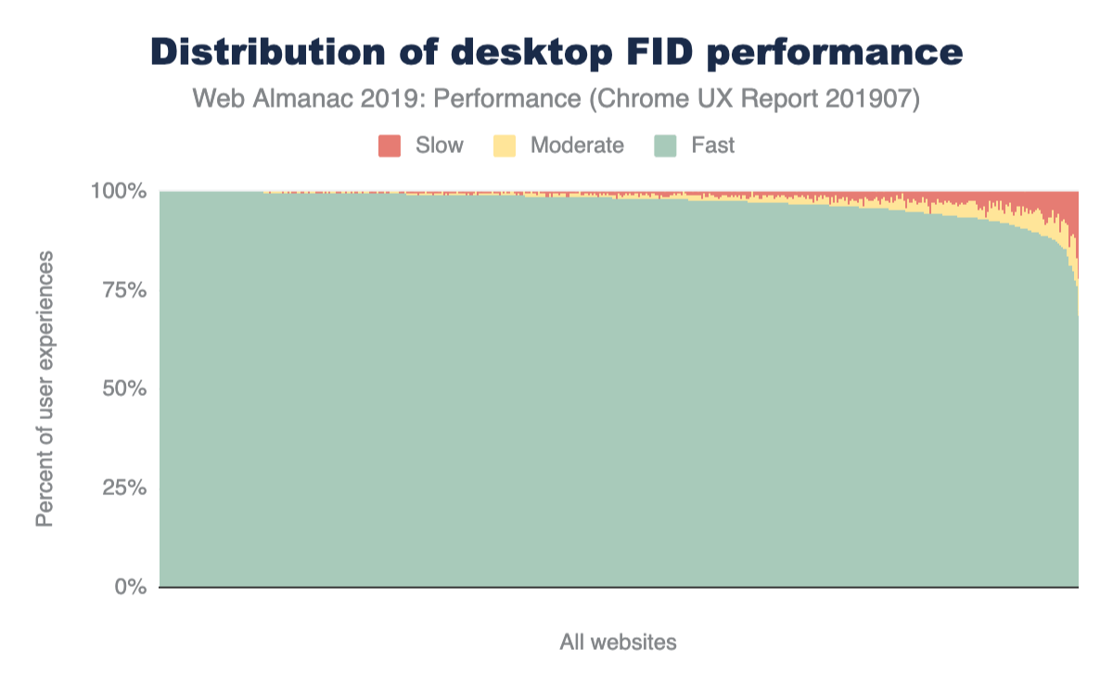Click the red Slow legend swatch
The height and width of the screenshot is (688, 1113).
coord(390,146)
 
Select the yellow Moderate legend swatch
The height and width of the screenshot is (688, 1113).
coord(505,146)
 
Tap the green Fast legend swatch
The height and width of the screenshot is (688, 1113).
coord(666,146)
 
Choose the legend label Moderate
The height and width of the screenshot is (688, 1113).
coord(577,146)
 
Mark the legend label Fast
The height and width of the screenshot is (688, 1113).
coord(712,146)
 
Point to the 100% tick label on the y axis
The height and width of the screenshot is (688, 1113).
coord(119,192)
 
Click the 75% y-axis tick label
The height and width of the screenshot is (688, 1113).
coord(123,290)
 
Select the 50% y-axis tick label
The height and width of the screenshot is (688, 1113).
coord(123,389)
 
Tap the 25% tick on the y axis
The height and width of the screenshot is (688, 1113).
coord(123,488)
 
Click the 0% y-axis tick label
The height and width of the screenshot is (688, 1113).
coord(129,587)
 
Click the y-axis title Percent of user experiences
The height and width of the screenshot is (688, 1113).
coord(45,389)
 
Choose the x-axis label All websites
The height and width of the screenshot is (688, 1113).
coord(618,642)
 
